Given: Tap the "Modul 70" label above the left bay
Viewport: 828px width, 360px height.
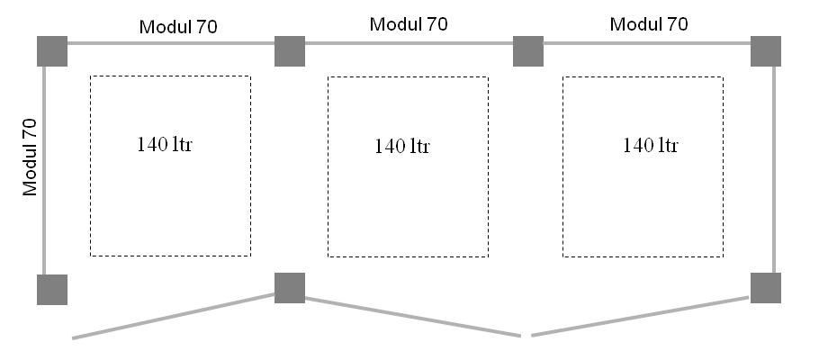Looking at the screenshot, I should pyautogui.click(x=177, y=27).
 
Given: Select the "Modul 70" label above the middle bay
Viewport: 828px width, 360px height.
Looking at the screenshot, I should pyautogui.click(x=409, y=24).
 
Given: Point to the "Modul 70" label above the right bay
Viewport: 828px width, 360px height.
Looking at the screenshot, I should pyautogui.click(x=649, y=24).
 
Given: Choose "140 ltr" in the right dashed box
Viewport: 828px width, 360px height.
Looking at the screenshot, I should pyautogui.click(x=651, y=144).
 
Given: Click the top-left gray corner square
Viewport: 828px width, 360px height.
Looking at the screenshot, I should pyautogui.click(x=52, y=51).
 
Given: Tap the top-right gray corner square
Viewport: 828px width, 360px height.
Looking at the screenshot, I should pyautogui.click(x=766, y=51).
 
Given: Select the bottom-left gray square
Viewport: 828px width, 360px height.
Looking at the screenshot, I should pyautogui.click(x=52, y=290).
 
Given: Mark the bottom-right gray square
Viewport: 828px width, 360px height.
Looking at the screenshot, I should pyautogui.click(x=766, y=288).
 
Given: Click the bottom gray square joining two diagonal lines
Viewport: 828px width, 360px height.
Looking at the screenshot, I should pyautogui.click(x=290, y=288).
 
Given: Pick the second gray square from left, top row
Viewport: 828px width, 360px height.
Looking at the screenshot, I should pyautogui.click(x=290, y=51).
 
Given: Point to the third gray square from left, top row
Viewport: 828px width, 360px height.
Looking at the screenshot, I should pyautogui.click(x=528, y=51).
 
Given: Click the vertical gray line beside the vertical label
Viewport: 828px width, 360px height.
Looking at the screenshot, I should pyautogui.click(x=44, y=171).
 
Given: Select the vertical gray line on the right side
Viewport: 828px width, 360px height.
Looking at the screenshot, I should pyautogui.click(x=774, y=171).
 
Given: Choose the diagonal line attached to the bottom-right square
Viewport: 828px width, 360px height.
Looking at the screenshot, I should pyautogui.click(x=641, y=314).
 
